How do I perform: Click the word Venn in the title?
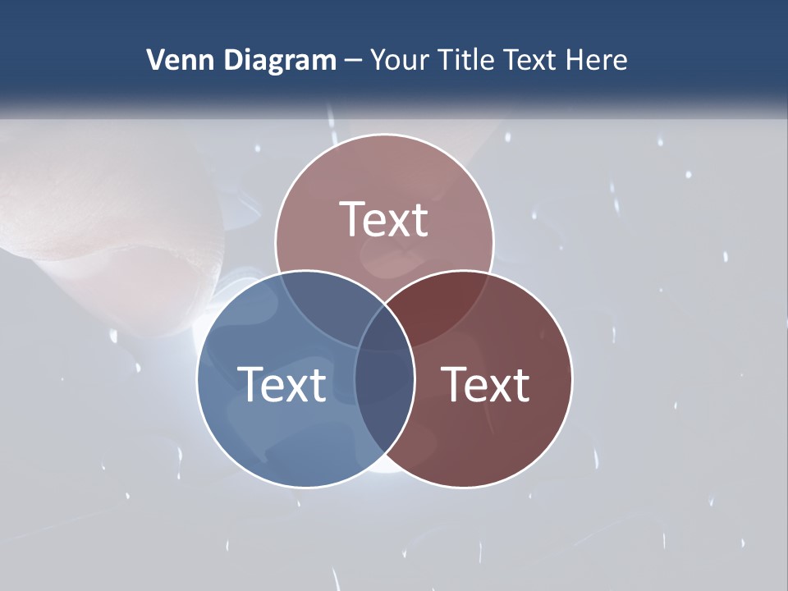(x=175, y=60)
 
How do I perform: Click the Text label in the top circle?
(x=384, y=219)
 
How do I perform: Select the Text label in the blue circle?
(x=282, y=384)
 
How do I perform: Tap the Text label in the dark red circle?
(x=486, y=384)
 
